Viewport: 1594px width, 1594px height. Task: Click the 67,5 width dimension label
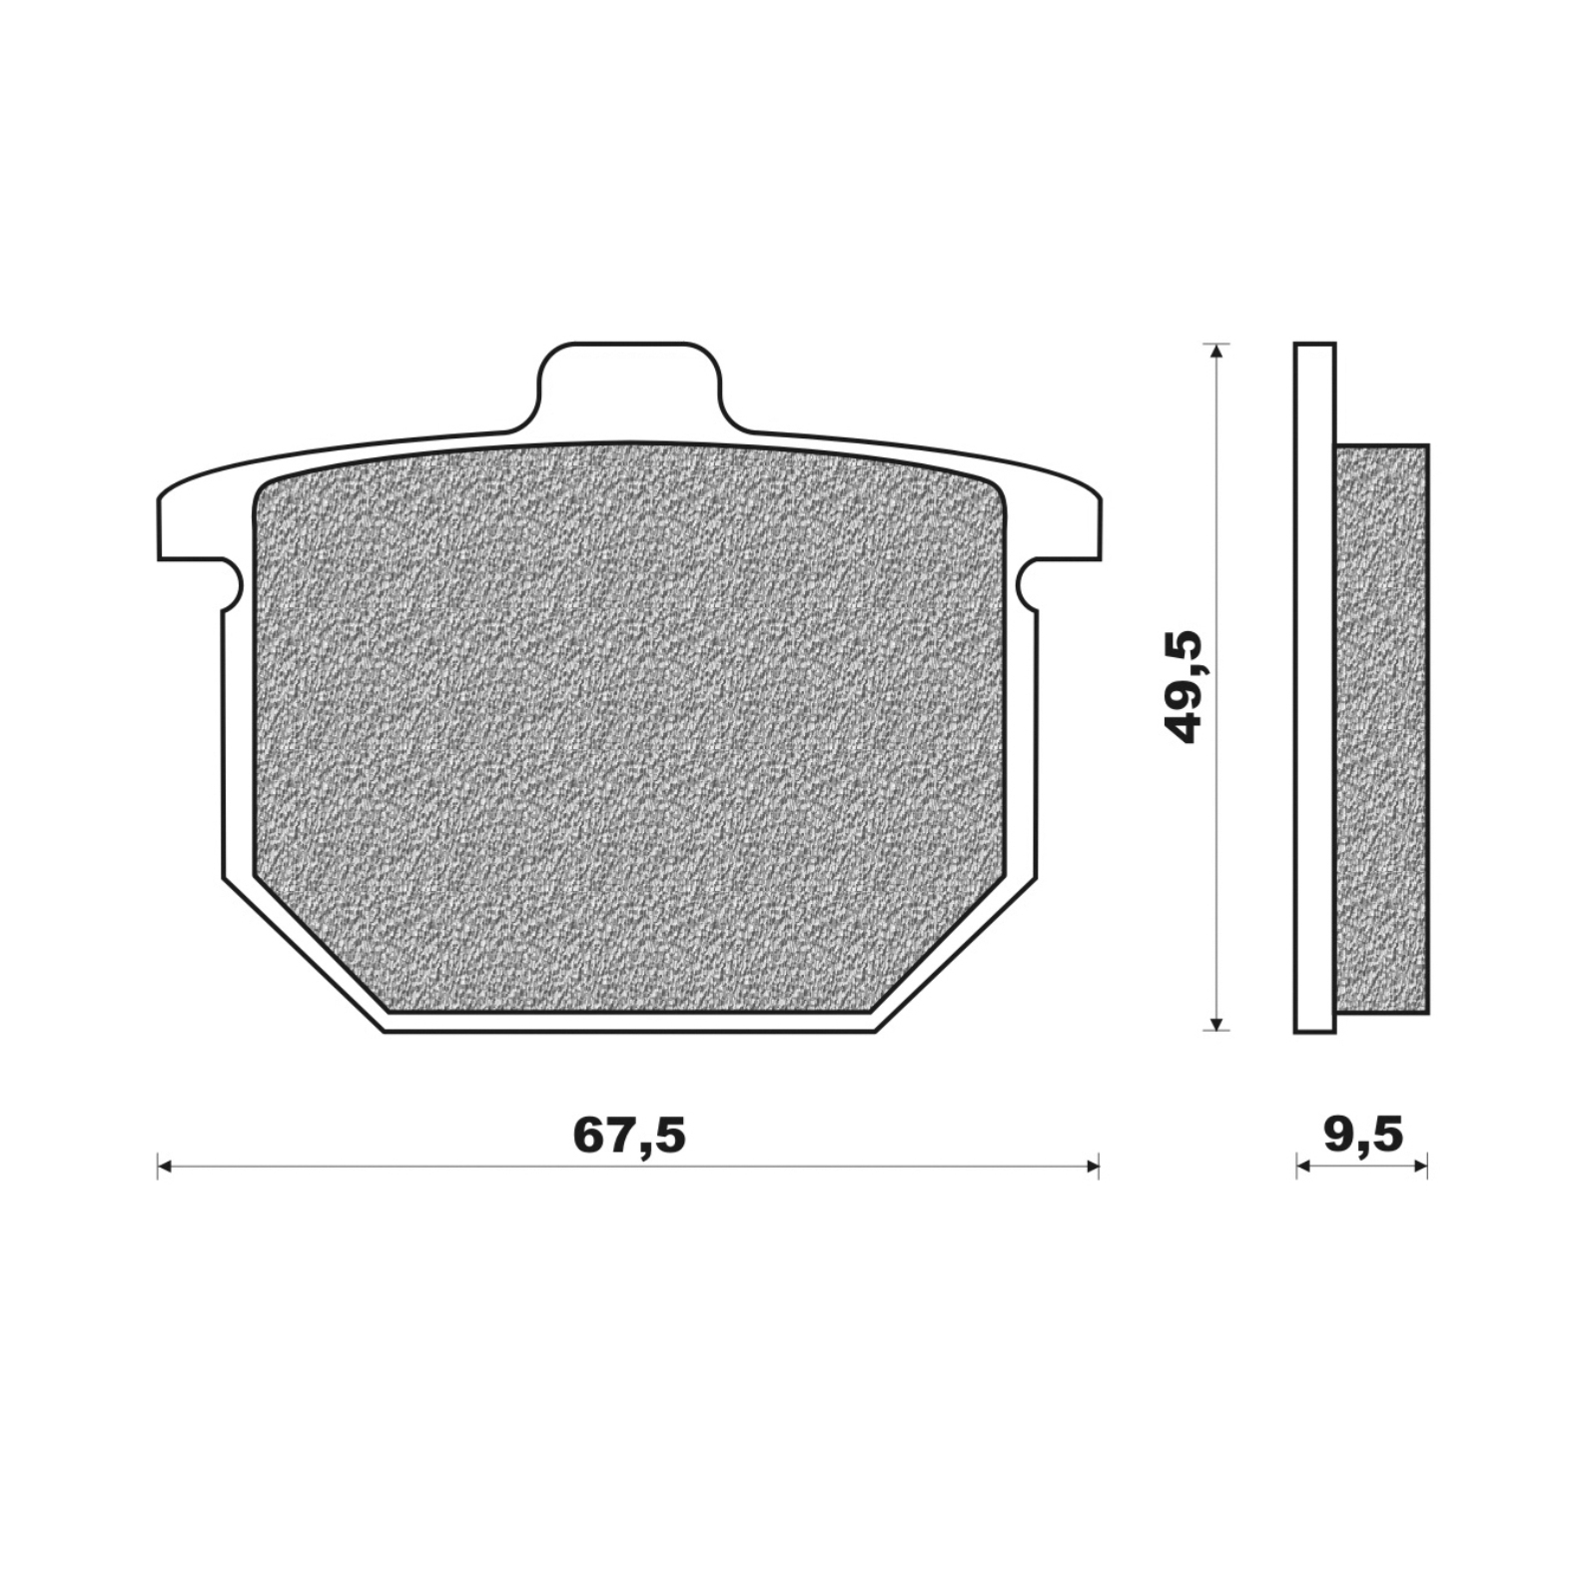tap(629, 1135)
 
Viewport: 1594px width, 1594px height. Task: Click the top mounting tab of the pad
tap(629, 388)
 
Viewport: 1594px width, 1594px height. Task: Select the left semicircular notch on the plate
tap(232, 583)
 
